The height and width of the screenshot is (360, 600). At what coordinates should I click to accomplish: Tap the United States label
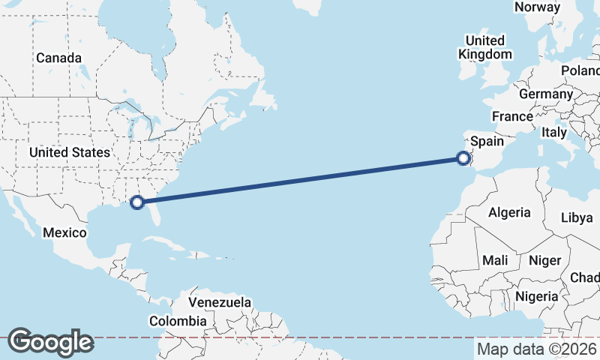pos(69,152)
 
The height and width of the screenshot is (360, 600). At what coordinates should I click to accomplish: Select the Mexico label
pos(64,232)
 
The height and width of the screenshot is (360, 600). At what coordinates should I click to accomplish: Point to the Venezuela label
pos(220,302)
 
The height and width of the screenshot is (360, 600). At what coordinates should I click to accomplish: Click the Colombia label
pos(178,321)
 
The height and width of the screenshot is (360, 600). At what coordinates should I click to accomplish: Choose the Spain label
pos(487,141)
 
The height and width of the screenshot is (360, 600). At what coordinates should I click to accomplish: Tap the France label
pos(512,117)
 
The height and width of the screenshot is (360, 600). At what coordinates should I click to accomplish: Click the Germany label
pos(545,94)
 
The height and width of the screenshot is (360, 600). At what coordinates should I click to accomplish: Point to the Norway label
pos(537,7)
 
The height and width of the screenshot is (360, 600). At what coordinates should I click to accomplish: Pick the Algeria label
pos(509,212)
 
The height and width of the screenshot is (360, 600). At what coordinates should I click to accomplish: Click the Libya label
pos(577,217)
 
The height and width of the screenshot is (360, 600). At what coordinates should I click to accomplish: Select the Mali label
pos(495,260)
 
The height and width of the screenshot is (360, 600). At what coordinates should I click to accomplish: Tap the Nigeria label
pos(537,296)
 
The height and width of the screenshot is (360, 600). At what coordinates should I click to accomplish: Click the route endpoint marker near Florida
pos(137,202)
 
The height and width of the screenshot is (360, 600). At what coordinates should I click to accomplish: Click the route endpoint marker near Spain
pos(463,157)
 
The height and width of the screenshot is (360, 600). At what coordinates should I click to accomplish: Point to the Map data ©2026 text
pos(537,349)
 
